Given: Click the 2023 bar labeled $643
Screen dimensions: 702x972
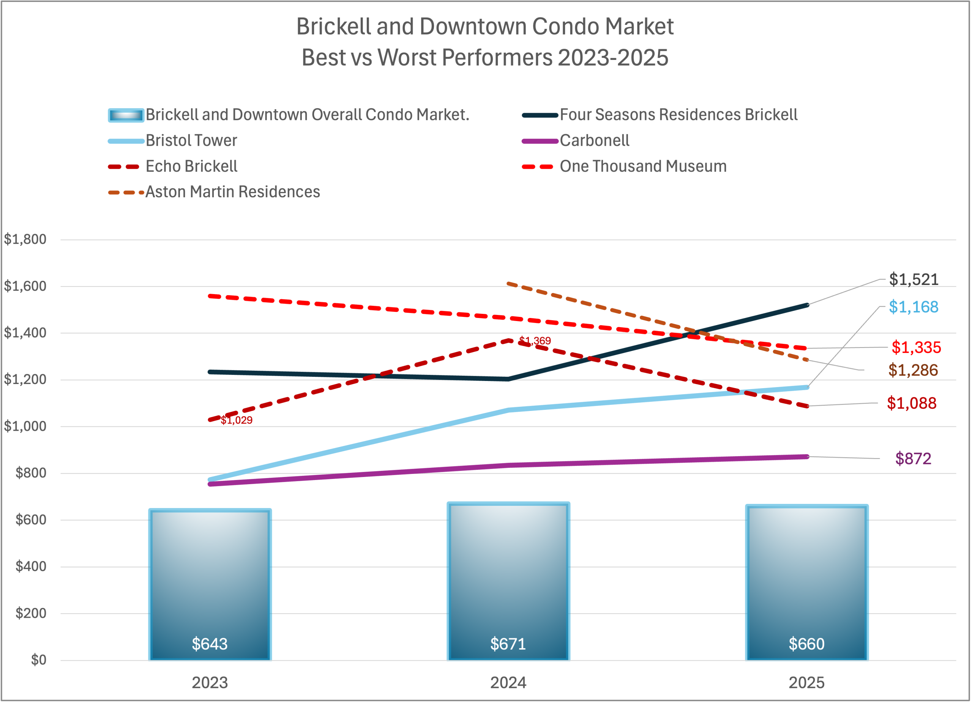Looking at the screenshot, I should [210, 585].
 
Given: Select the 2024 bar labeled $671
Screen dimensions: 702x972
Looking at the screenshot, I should [508, 581].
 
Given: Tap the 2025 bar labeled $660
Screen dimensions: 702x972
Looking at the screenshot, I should [806, 582].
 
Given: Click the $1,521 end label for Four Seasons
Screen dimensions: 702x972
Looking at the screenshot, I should [914, 280].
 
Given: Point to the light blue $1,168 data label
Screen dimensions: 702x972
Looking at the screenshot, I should [913, 307].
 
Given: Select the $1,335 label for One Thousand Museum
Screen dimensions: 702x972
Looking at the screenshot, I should [916, 347].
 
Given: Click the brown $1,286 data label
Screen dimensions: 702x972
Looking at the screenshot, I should [913, 370].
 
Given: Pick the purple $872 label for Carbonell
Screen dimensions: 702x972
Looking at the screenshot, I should [913, 459].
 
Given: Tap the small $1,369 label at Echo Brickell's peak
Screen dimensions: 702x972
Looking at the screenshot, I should [535, 341].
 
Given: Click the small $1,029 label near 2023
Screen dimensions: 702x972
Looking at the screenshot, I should [237, 420].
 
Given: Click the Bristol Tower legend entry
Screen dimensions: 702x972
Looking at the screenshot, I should [191, 140].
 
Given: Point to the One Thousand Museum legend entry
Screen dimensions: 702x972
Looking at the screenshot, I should [643, 166].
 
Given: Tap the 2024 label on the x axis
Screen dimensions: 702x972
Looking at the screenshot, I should [508, 683].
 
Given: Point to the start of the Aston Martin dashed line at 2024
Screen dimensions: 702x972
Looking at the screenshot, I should [508, 283].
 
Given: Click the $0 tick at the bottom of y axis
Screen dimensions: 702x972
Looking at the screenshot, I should [38, 660].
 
